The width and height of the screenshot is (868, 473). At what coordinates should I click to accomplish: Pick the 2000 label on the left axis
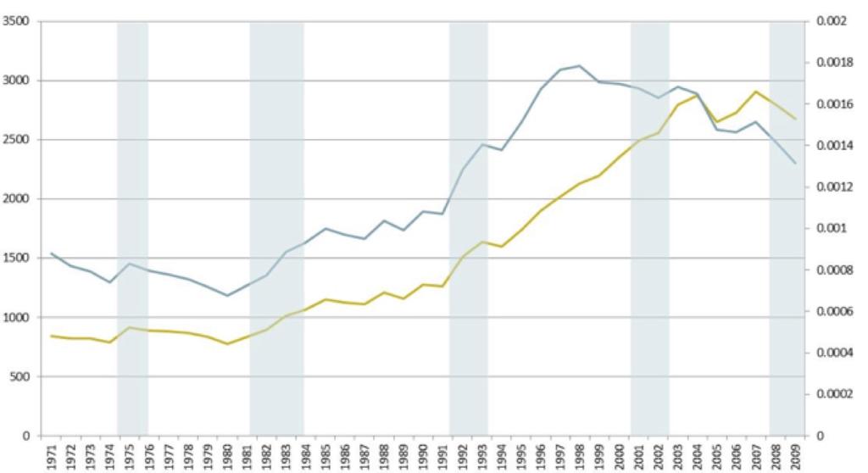(16, 198)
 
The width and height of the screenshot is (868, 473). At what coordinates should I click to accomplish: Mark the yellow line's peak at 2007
(756, 91)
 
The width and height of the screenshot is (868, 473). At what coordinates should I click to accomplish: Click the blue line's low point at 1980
(227, 296)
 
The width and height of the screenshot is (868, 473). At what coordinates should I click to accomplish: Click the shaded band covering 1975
(132, 229)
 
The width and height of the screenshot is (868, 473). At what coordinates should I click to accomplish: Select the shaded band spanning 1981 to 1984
(276, 229)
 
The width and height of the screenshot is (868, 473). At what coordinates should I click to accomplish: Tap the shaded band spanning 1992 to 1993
(469, 229)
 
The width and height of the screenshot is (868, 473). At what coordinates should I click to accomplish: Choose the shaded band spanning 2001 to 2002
(649, 229)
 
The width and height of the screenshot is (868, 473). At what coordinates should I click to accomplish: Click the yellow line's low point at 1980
(227, 344)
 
